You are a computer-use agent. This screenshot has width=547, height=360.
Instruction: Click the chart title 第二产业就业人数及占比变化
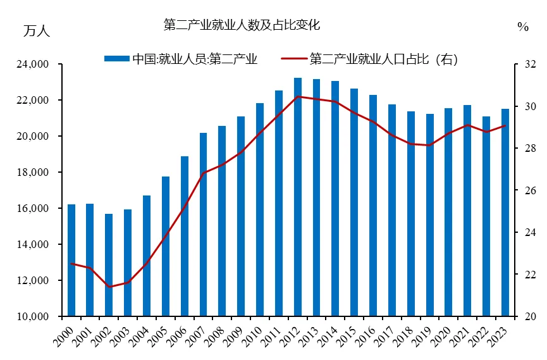pos(242,25)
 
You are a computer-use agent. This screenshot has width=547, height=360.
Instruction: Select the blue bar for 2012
pos(298,196)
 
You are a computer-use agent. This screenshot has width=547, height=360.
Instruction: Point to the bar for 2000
pos(71,259)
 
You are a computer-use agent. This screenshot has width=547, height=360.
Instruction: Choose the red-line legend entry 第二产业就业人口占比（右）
pos(383,59)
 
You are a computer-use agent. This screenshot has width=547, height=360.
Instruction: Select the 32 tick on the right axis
pos(530,65)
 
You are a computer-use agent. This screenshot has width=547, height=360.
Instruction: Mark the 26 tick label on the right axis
pos(530,190)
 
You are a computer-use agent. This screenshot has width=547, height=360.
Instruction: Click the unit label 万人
pos(36,30)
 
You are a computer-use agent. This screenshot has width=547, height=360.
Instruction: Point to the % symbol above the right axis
pos(522,27)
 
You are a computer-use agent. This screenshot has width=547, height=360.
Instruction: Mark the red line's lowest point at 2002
pos(109,287)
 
